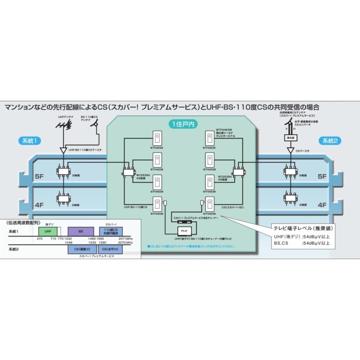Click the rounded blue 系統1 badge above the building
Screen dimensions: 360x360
(30, 140)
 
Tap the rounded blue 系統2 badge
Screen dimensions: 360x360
(330, 140)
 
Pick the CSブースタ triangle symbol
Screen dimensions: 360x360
(290, 151)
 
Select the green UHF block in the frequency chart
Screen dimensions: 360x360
(48, 231)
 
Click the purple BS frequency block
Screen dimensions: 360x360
(80, 231)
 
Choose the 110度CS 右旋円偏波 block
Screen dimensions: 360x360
(110, 231)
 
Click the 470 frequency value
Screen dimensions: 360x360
(39, 238)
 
